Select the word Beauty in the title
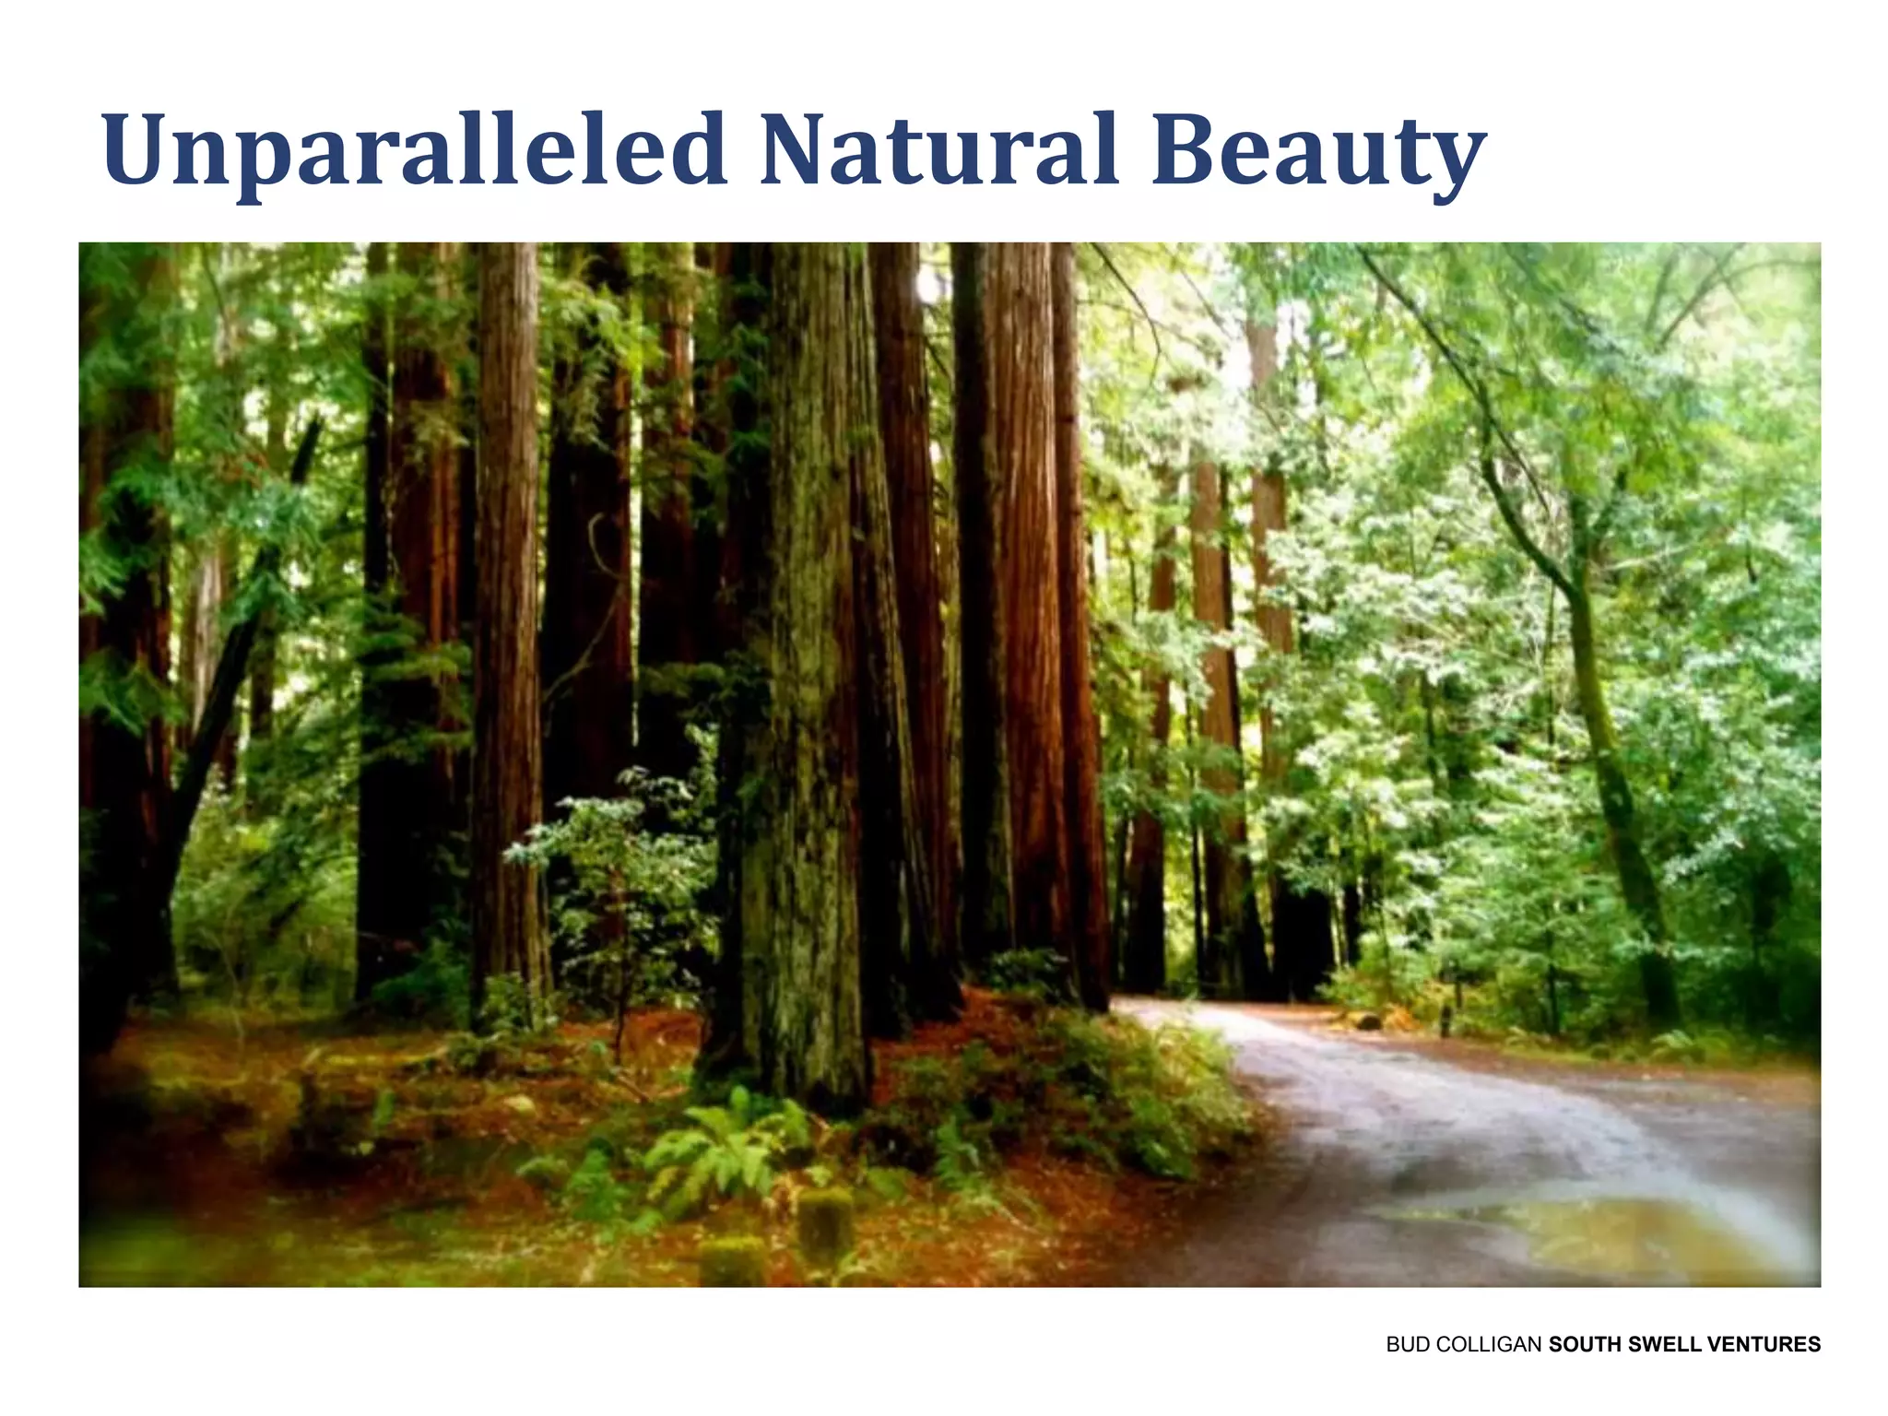(x=1318, y=152)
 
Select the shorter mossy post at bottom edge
(x=733, y=1263)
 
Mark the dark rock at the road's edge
(x=1368, y=1021)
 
